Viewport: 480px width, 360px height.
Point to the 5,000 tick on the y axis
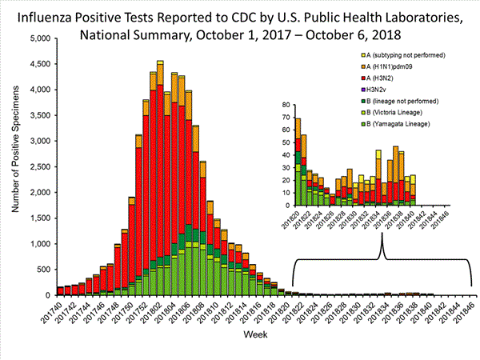37,38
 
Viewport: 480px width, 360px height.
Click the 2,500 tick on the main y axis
37,166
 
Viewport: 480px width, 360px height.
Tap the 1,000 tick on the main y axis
37,244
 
